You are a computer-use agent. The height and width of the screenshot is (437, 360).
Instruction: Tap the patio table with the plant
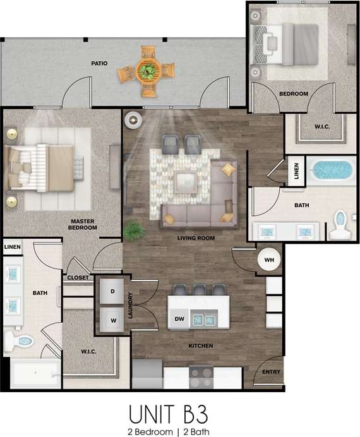coord(147,71)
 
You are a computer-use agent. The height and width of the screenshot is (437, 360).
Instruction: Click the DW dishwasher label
coord(179,319)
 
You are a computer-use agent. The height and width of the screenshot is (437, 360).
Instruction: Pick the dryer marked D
coord(112,291)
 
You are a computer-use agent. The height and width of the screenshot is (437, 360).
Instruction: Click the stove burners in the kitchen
coord(203,377)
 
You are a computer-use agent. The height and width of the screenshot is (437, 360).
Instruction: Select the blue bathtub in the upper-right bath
coord(332,170)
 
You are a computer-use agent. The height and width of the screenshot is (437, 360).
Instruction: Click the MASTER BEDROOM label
coord(83,224)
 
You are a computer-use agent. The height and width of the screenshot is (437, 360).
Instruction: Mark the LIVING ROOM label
coord(196,238)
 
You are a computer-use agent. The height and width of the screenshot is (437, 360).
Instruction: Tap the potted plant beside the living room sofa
coord(134,230)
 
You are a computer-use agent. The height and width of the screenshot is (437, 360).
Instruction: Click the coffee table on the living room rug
coord(186,181)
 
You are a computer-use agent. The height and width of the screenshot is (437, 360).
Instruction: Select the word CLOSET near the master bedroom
coord(78,277)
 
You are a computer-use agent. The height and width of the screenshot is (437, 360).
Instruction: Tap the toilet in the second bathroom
coord(340,225)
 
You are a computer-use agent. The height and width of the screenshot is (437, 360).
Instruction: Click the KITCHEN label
coord(200,345)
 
